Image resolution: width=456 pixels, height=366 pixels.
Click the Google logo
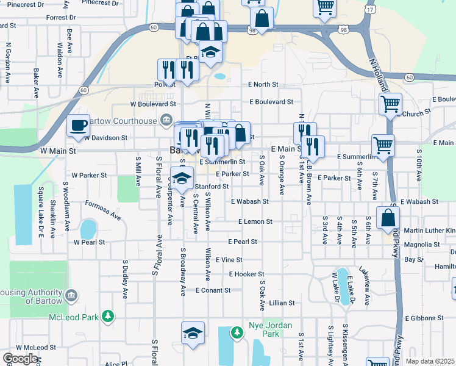(x=20, y=359)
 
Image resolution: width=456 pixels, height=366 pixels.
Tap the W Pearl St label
(x=89, y=242)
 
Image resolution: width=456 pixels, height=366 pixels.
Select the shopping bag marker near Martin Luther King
(x=388, y=219)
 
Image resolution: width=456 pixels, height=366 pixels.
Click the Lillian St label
(x=282, y=303)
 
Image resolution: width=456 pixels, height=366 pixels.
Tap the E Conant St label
(x=213, y=290)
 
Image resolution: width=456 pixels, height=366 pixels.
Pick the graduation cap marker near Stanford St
(x=181, y=178)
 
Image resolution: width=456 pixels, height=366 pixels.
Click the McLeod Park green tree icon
(x=108, y=316)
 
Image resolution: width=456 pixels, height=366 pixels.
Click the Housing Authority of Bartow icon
(x=71, y=296)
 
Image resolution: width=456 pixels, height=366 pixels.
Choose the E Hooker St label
(x=246, y=274)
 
